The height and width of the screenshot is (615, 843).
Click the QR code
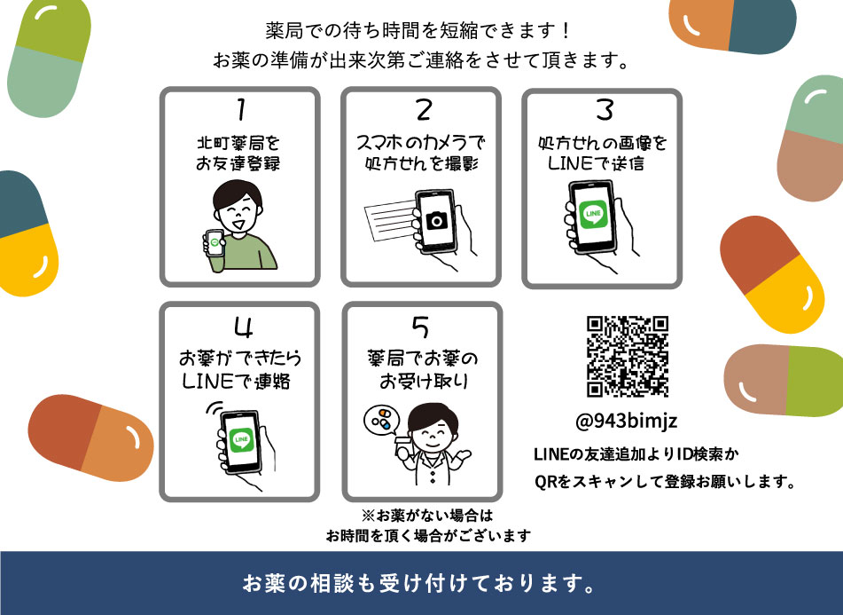pyautogui.click(x=627, y=357)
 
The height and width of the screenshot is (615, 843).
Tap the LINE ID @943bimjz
pyautogui.click(x=627, y=421)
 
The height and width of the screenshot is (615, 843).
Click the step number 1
pyautogui.click(x=238, y=110)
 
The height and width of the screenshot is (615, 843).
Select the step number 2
pyautogui.click(x=424, y=110)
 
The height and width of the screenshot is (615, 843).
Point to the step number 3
pyautogui.click(x=605, y=109)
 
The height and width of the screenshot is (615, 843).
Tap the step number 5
pyautogui.click(x=421, y=327)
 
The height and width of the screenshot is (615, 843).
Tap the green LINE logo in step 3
pyautogui.click(x=591, y=215)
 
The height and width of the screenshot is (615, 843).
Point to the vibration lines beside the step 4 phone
pyautogui.click(x=210, y=410)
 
